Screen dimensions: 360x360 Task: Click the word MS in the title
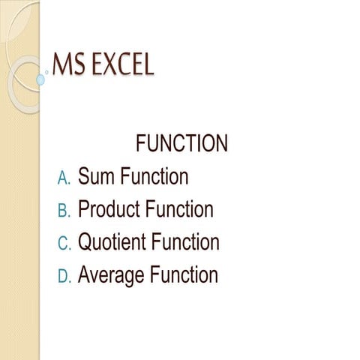point(67,64)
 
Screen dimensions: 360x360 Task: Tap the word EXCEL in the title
point(120,64)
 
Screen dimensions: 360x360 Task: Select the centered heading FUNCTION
point(181,143)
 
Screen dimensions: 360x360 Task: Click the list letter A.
point(64,178)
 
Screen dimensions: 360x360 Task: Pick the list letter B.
point(64,211)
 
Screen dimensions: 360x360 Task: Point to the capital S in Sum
point(85,177)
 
